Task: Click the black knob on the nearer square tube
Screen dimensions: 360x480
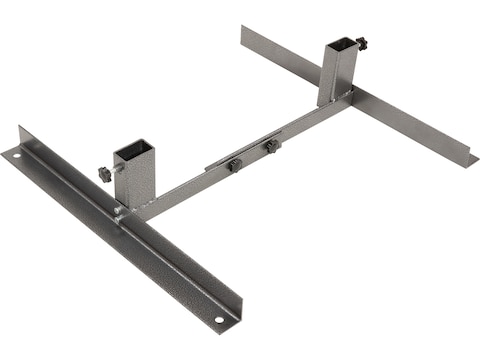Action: point(104,174)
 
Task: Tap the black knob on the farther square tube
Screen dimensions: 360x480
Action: point(362,44)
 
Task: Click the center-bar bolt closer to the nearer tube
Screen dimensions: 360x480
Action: point(236,163)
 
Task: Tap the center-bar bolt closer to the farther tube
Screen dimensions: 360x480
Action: point(271,146)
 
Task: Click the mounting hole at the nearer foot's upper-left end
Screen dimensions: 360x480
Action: point(14,155)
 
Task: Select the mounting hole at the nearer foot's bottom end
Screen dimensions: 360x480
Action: point(218,321)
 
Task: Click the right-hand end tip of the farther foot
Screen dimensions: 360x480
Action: point(471,159)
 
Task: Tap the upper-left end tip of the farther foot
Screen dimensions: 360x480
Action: point(243,30)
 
